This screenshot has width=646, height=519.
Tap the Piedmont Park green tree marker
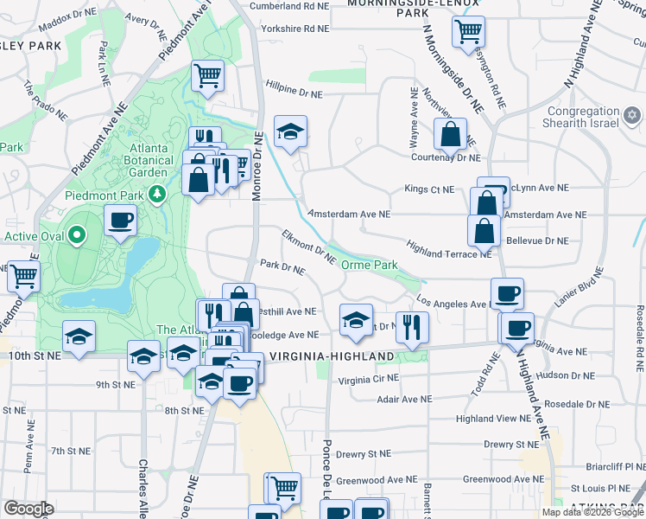pyautogui.click(x=156, y=193)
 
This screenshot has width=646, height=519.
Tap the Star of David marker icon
pyautogui.click(x=632, y=114)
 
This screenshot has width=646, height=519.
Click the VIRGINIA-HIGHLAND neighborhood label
pyautogui.click(x=332, y=356)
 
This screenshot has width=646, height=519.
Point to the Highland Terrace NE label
pyautogui.click(x=449, y=249)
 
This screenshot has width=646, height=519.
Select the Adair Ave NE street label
pyautogui.click(x=405, y=400)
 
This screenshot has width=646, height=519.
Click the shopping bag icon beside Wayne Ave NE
pyautogui.click(x=450, y=134)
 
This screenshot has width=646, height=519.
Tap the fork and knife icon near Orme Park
pyautogui.click(x=412, y=328)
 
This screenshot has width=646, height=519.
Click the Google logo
pyautogui.click(x=29, y=509)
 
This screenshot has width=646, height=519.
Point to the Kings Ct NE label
pyautogui.click(x=429, y=189)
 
